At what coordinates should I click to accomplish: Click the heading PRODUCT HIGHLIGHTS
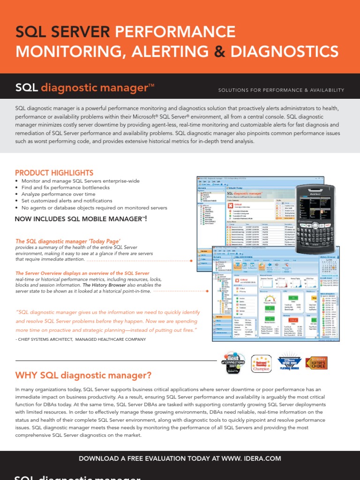[x=54, y=173]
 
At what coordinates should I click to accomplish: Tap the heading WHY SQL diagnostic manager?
[x=83, y=375]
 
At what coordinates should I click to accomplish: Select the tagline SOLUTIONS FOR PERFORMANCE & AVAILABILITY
[x=281, y=90]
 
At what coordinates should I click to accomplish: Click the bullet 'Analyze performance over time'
[x=59, y=194]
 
